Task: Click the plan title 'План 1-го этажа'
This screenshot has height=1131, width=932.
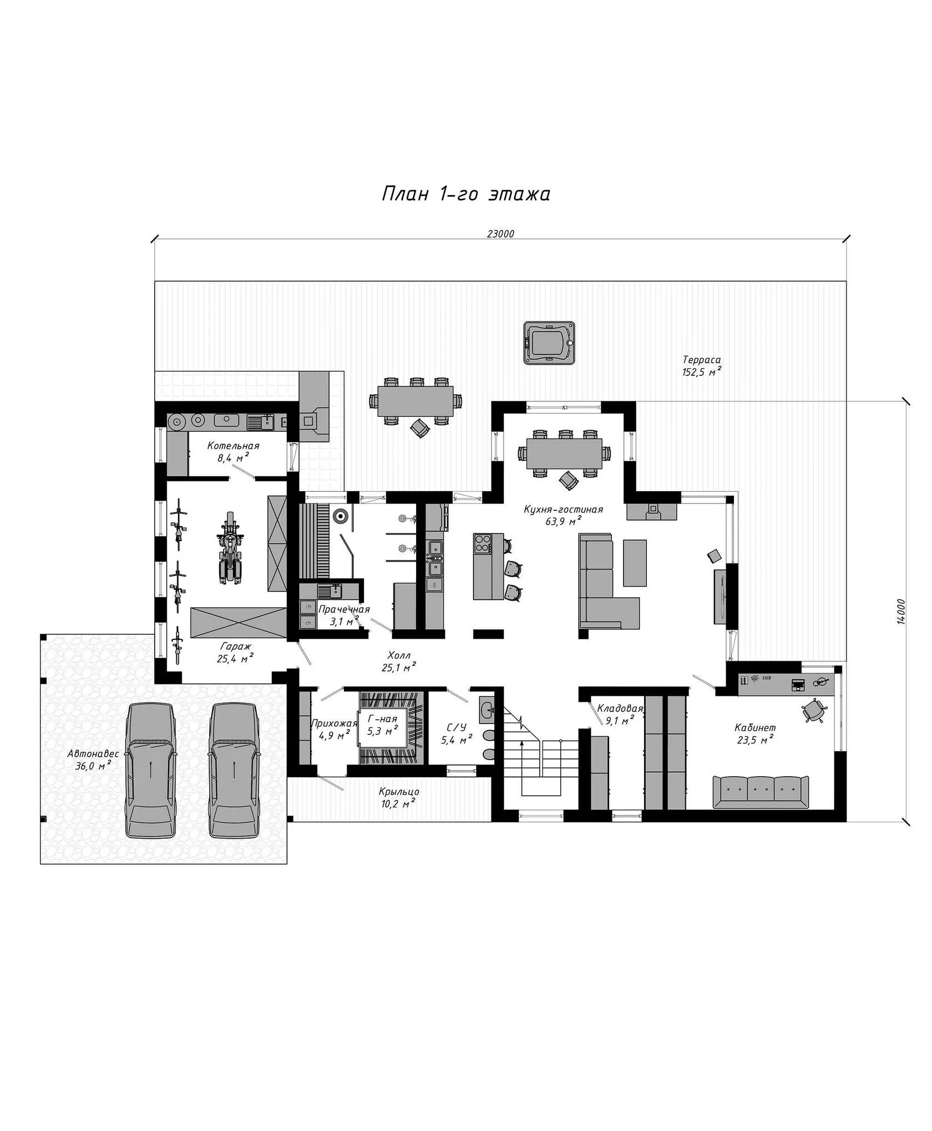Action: (x=466, y=194)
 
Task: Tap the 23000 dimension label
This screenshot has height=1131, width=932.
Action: (x=501, y=234)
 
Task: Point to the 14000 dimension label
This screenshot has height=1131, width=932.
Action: (x=900, y=612)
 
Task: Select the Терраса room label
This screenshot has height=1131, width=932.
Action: (x=702, y=360)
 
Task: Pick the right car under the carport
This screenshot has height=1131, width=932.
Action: (x=234, y=771)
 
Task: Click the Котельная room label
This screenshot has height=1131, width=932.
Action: (x=233, y=446)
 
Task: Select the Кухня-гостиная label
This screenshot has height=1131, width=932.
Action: (x=563, y=510)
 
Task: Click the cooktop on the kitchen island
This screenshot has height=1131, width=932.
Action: (x=483, y=543)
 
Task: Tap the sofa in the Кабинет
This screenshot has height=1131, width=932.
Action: (x=760, y=792)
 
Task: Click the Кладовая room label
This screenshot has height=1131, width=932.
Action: (x=620, y=708)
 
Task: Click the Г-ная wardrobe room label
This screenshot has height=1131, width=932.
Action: (x=382, y=720)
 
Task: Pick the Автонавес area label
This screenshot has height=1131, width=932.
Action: (x=93, y=754)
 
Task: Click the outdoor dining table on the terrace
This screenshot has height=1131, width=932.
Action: (x=416, y=401)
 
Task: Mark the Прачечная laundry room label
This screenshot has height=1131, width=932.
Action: (x=344, y=610)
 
